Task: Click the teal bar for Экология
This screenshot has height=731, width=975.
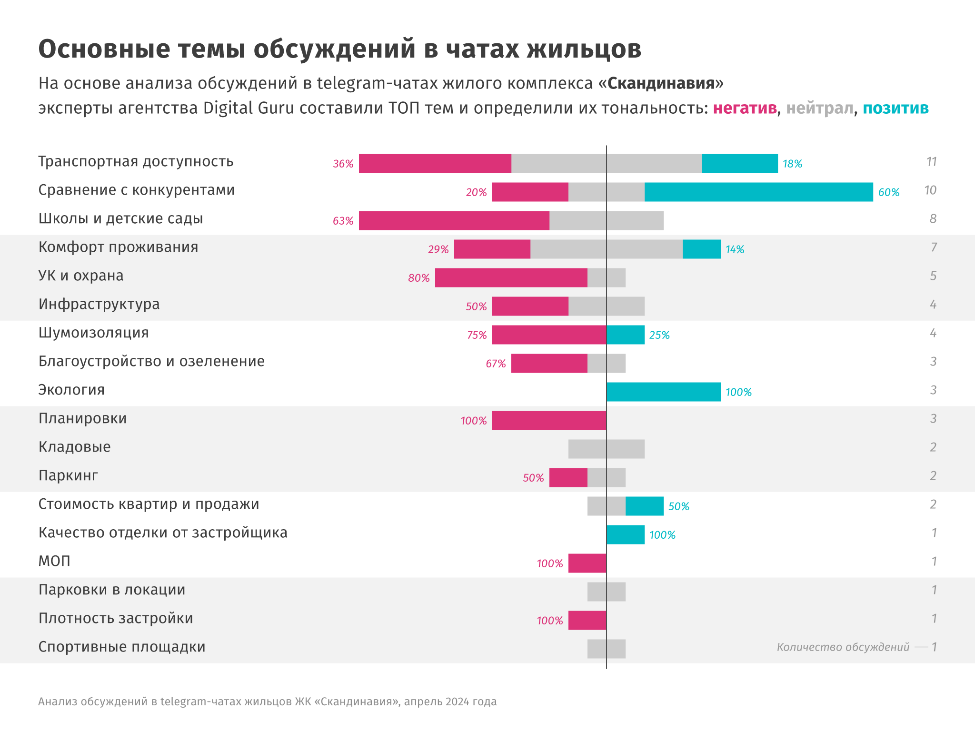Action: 663,392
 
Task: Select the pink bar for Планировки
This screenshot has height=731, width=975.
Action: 549,420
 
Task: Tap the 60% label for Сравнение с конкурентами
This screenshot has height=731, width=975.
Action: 889,192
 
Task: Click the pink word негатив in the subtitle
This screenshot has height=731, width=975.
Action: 745,109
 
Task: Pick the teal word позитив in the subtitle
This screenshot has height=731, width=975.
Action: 895,109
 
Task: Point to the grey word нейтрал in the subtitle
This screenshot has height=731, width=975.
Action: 819,109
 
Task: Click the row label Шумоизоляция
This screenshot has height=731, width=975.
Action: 93,333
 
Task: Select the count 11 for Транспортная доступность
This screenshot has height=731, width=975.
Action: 931,162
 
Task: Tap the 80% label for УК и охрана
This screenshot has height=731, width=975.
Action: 419,278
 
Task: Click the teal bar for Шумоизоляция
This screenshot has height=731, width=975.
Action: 626,335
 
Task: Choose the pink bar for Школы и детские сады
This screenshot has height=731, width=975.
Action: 454,220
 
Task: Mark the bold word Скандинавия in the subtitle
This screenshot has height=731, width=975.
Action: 661,83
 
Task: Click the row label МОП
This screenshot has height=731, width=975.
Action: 54,561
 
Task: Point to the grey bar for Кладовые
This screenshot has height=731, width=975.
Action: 606,449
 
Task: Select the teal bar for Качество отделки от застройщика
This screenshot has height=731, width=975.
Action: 626,534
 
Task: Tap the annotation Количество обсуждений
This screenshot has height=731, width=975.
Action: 843,647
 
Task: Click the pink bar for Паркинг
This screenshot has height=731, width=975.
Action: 568,477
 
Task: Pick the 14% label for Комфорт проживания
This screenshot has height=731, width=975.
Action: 735,249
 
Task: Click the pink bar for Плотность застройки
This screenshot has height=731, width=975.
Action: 587,620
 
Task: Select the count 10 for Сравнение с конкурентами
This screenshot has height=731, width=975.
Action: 930,190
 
